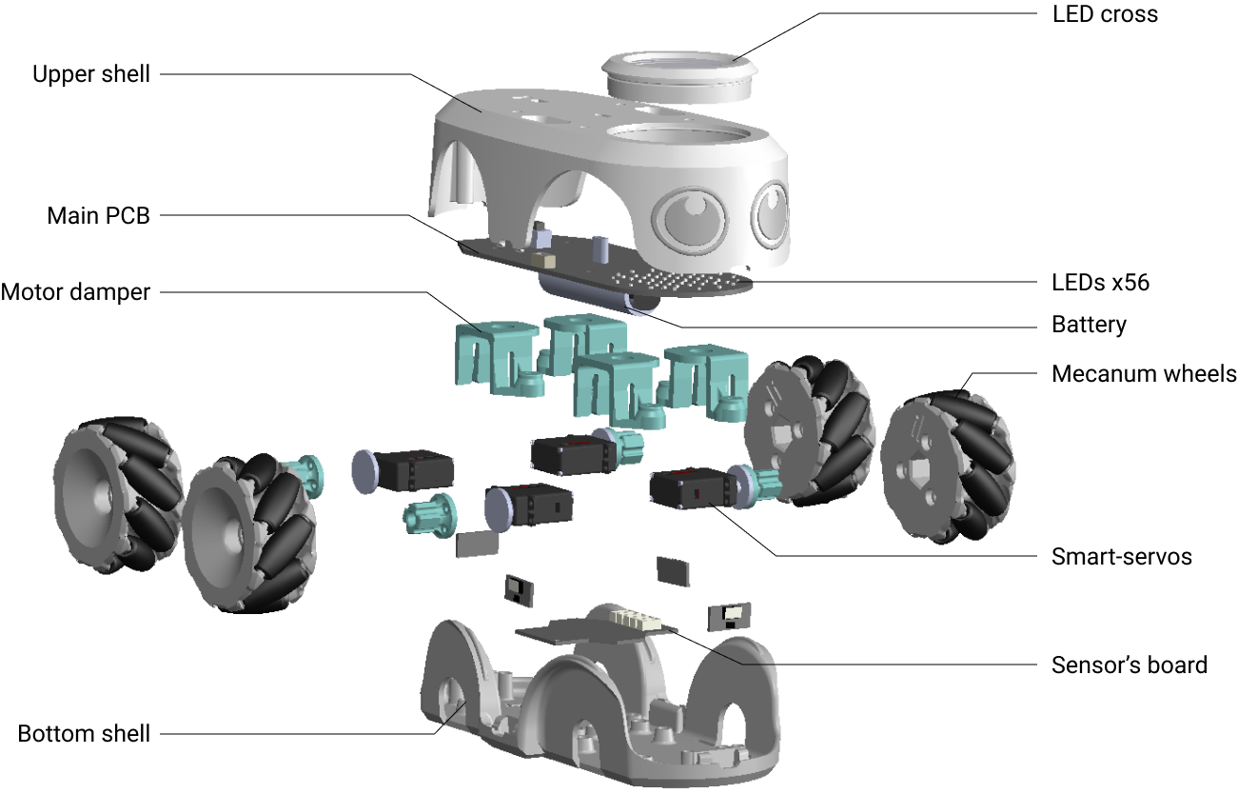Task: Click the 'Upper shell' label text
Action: [91, 74]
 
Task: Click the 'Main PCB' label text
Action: [98, 216]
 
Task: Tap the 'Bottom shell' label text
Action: [84, 734]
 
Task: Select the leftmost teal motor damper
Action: [495, 357]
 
